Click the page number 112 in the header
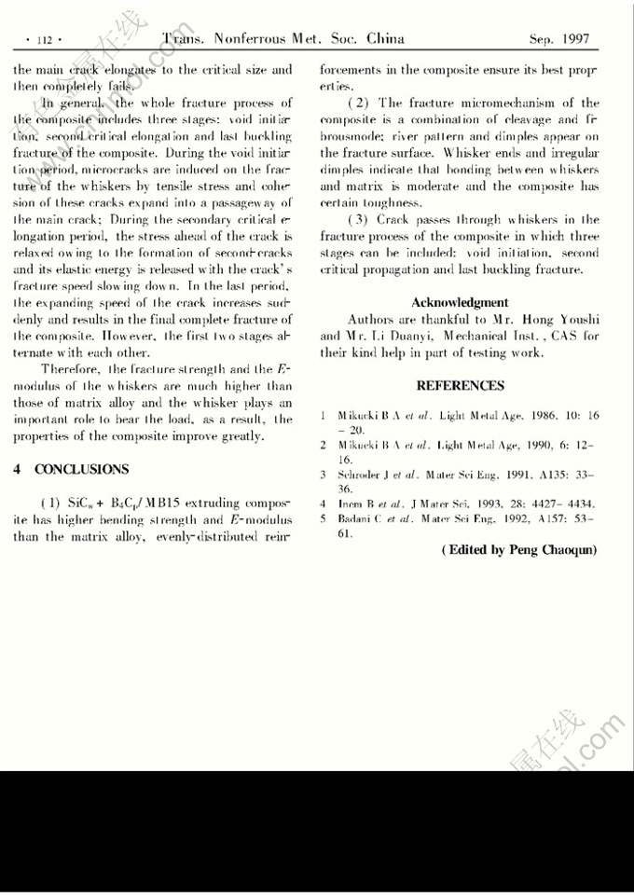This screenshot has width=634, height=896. pos(45,40)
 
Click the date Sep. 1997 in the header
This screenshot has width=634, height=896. pos(559,39)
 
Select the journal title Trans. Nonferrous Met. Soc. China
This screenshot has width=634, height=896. pos(283,39)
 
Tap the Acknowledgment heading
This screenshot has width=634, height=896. pos(460,302)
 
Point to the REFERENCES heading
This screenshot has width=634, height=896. pos(460,385)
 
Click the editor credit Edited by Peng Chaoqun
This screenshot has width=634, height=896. pos(519,550)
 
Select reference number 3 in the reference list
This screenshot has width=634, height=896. pos(322,475)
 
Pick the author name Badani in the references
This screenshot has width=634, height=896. pos(354,517)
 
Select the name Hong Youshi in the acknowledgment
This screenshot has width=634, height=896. pos(555,319)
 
